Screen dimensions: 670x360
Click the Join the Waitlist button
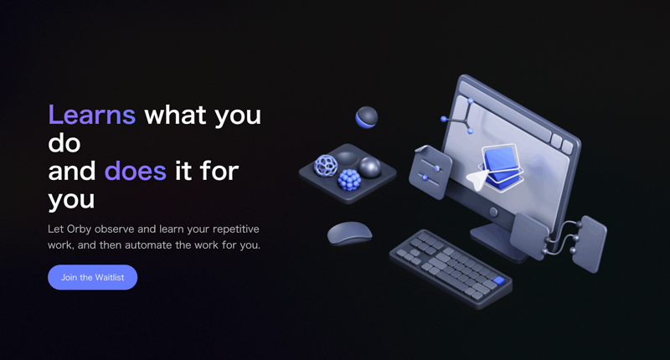click(92, 277)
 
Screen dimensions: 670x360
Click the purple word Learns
click(92, 115)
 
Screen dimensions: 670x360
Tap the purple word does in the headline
click(136, 171)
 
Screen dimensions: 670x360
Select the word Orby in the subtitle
click(79, 229)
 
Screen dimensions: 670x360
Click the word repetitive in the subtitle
click(236, 229)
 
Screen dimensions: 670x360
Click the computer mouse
click(349, 234)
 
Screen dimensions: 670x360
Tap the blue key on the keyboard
click(498, 280)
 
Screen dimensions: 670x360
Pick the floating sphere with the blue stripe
click(367, 117)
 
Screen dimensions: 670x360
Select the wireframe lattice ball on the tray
click(326, 165)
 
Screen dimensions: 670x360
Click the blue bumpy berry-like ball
click(349, 179)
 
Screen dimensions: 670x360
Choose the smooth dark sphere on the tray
click(370, 167)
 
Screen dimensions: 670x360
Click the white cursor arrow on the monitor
click(477, 179)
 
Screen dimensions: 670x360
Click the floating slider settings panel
click(430, 172)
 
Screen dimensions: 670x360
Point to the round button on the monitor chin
click(493, 211)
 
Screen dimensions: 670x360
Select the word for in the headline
click(219, 171)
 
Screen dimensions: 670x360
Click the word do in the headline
click(64, 143)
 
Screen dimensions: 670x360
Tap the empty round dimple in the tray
click(347, 157)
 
